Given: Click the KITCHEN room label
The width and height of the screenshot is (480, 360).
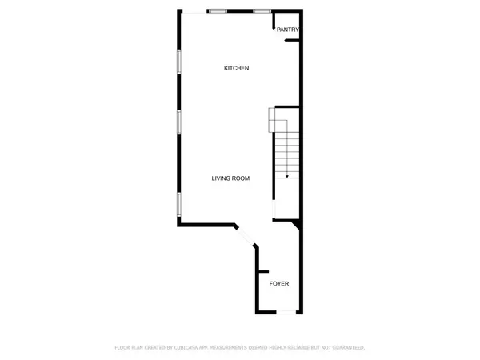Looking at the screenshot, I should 237,68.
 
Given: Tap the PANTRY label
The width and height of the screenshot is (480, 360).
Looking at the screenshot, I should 288,30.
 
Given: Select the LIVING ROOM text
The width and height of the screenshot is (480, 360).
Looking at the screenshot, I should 230,178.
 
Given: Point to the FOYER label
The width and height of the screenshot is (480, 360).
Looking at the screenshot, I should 278,284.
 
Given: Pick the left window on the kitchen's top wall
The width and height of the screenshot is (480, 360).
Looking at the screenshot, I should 217,10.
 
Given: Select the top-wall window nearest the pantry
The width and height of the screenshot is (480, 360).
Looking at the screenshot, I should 262,10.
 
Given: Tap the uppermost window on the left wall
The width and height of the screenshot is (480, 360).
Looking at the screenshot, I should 178,62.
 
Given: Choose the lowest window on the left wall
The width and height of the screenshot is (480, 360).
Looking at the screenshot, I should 178,205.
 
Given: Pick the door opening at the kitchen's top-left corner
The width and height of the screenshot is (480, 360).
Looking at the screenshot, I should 194,10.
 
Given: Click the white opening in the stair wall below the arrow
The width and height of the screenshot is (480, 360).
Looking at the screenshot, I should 275,210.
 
